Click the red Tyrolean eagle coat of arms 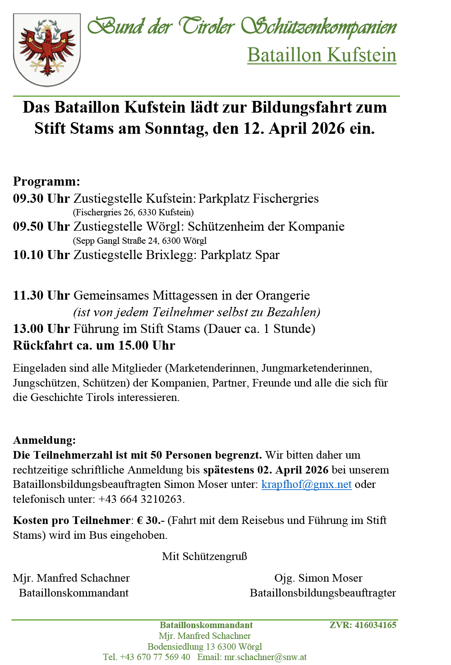pos(47,50)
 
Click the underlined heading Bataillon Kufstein pos(322,55)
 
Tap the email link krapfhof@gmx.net pos(306,484)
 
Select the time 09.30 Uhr pos(41,199)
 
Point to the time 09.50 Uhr pos(41,227)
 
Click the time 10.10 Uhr pos(41,255)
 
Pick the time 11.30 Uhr pos(41,296)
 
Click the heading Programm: pos(46,182)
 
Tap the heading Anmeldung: pos(44,440)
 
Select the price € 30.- pos(151,520)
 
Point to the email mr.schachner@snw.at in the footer pos(265,657)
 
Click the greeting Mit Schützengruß pos(204,556)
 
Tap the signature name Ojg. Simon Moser pos(318,578)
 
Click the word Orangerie pos(283,296)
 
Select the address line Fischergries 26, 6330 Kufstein pos(133,212)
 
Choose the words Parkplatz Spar pos(240,255)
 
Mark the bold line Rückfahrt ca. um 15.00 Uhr pos(94,346)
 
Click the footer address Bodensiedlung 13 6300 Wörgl pos(204,647)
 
